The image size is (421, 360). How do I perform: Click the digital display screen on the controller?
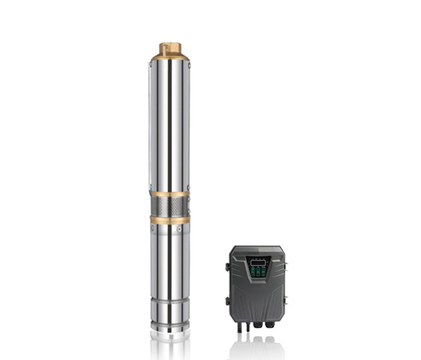[x=258, y=262]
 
